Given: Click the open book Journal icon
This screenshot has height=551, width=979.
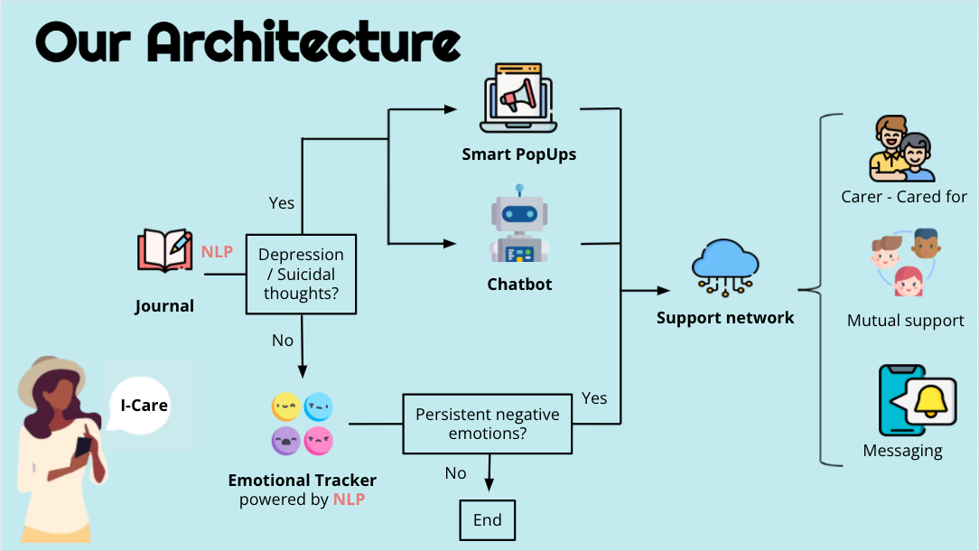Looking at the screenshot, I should pyautogui.click(x=163, y=251).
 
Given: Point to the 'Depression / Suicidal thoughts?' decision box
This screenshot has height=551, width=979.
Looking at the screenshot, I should pyautogui.click(x=301, y=274).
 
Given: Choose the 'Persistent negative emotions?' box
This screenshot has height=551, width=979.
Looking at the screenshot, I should pyautogui.click(x=487, y=425).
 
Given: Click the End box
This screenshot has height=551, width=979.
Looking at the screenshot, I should pyautogui.click(x=487, y=521).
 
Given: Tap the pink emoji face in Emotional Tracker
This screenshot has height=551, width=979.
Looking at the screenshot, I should pyautogui.click(x=319, y=441).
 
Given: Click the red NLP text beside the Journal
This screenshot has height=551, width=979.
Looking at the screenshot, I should pyautogui.click(x=217, y=251).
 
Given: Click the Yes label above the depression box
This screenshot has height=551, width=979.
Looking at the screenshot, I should pyautogui.click(x=282, y=202).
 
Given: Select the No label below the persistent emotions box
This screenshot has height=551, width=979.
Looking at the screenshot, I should pyautogui.click(x=456, y=472).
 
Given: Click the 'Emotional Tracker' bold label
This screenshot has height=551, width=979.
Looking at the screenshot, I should pyautogui.click(x=302, y=481).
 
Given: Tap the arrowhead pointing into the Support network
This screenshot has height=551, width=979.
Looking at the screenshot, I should pyautogui.click(x=665, y=291).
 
